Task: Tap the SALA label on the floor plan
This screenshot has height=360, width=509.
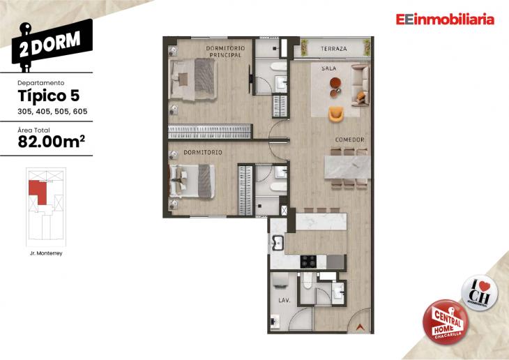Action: click(329, 69)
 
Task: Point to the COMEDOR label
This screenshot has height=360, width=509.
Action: click(350, 140)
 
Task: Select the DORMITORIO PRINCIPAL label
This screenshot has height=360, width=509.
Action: click(225, 51)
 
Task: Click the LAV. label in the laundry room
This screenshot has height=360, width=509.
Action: click(284, 301)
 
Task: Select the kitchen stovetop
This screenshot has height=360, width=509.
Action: click(308, 262)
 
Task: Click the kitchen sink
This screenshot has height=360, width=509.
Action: click(277, 243)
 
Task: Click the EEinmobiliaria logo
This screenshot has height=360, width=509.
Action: click(444, 20)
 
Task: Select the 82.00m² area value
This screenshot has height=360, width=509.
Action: click(51, 142)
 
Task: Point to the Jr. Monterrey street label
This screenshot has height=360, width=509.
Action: click(46, 253)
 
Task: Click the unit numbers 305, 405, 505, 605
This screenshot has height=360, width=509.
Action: click(52, 112)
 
